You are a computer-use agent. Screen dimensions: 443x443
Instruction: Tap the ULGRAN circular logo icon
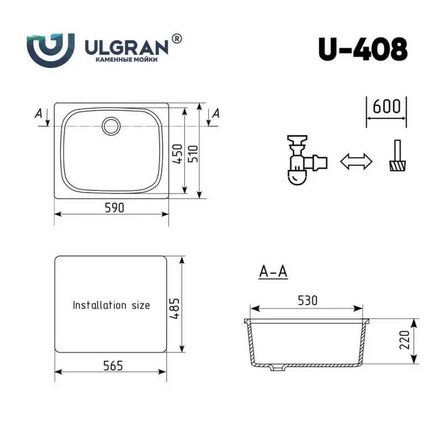[50, 49]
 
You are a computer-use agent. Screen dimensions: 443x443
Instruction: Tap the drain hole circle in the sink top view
[111, 125]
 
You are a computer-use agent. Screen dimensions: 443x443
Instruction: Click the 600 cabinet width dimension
[387, 106]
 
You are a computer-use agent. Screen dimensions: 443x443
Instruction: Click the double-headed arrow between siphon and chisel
[356, 162]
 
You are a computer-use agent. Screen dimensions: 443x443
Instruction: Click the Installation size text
[111, 305]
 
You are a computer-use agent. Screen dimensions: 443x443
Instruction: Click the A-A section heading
[272, 272]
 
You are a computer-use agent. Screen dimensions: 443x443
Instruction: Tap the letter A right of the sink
[216, 114]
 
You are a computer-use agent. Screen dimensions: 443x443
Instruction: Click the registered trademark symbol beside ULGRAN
[176, 38]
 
